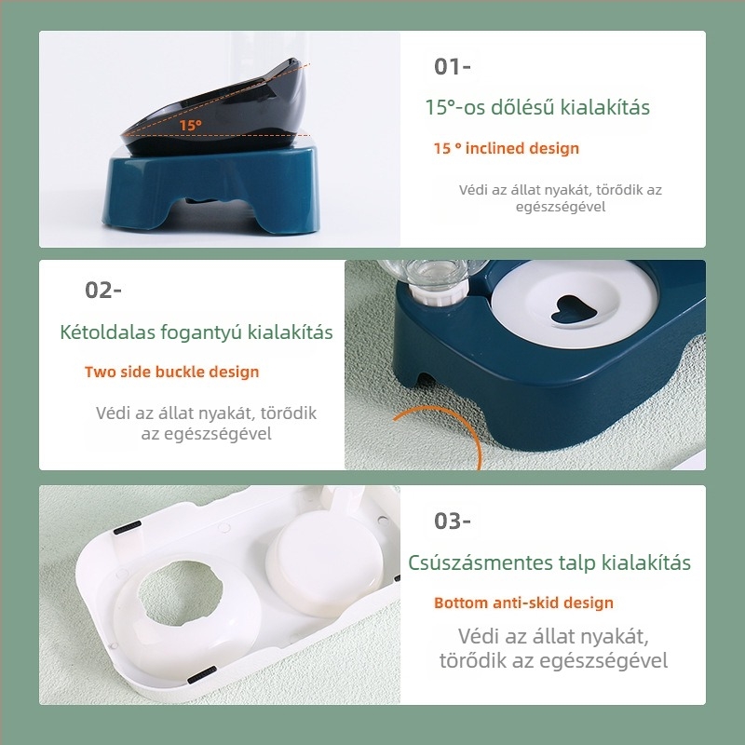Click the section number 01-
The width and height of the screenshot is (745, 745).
(x=453, y=67)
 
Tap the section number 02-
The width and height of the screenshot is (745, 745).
(x=103, y=290)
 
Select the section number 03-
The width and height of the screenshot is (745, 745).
(x=453, y=521)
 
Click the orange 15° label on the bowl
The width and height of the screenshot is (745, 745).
(x=190, y=124)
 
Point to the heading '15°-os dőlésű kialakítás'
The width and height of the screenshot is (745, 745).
(x=537, y=107)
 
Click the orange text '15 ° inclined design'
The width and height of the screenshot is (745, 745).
(x=506, y=148)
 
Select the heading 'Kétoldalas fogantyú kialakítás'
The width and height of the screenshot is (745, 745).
(x=196, y=332)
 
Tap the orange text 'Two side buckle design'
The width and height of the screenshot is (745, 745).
(x=171, y=372)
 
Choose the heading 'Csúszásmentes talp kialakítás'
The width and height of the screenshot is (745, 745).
(x=549, y=562)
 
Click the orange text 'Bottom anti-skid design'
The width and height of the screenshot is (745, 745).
(x=523, y=603)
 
